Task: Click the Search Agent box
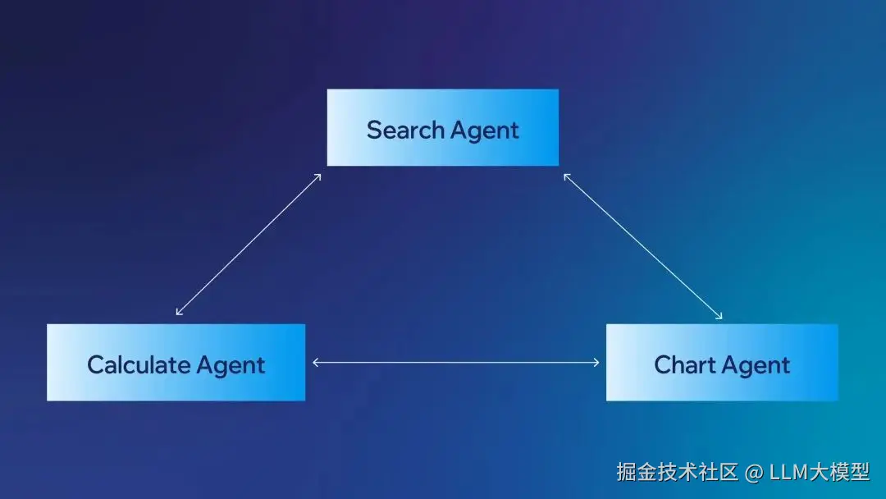(442, 127)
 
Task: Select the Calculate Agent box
(176, 362)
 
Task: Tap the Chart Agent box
(722, 362)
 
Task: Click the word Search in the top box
(404, 130)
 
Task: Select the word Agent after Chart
(759, 365)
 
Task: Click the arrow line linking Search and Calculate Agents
(249, 244)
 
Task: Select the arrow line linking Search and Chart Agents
(642, 245)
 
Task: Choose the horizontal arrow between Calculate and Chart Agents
(455, 362)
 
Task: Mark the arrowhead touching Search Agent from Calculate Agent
(317, 176)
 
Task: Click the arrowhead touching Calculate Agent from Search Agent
(179, 313)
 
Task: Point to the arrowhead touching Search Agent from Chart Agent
(566, 176)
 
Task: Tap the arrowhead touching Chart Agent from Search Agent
(719, 316)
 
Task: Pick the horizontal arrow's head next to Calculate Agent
(316, 362)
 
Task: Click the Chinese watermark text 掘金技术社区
(678, 471)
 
